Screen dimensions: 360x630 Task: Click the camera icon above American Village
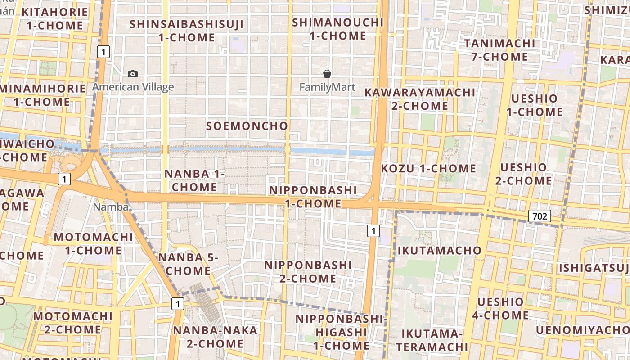click(133, 74)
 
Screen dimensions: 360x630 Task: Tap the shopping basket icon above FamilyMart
click(327, 74)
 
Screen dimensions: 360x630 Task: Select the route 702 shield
click(540, 216)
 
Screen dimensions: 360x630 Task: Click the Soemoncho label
click(247, 126)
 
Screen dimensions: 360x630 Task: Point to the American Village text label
click(133, 87)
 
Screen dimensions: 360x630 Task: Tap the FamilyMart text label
click(327, 87)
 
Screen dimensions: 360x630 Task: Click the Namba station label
click(111, 207)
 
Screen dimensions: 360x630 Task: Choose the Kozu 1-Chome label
click(428, 169)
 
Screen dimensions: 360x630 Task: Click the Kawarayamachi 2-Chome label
click(419, 99)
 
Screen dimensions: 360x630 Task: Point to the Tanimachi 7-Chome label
click(499, 50)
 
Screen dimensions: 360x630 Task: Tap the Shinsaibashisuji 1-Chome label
click(187, 31)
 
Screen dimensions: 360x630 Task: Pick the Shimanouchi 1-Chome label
click(337, 29)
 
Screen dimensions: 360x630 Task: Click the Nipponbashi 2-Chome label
click(308, 272)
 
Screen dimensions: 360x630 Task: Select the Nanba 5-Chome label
click(188, 264)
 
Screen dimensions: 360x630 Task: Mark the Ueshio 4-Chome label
click(500, 308)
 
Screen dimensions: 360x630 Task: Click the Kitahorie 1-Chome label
click(54, 18)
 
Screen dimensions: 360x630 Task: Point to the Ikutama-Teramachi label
click(432, 340)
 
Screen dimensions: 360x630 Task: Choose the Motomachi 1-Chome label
click(94, 243)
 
